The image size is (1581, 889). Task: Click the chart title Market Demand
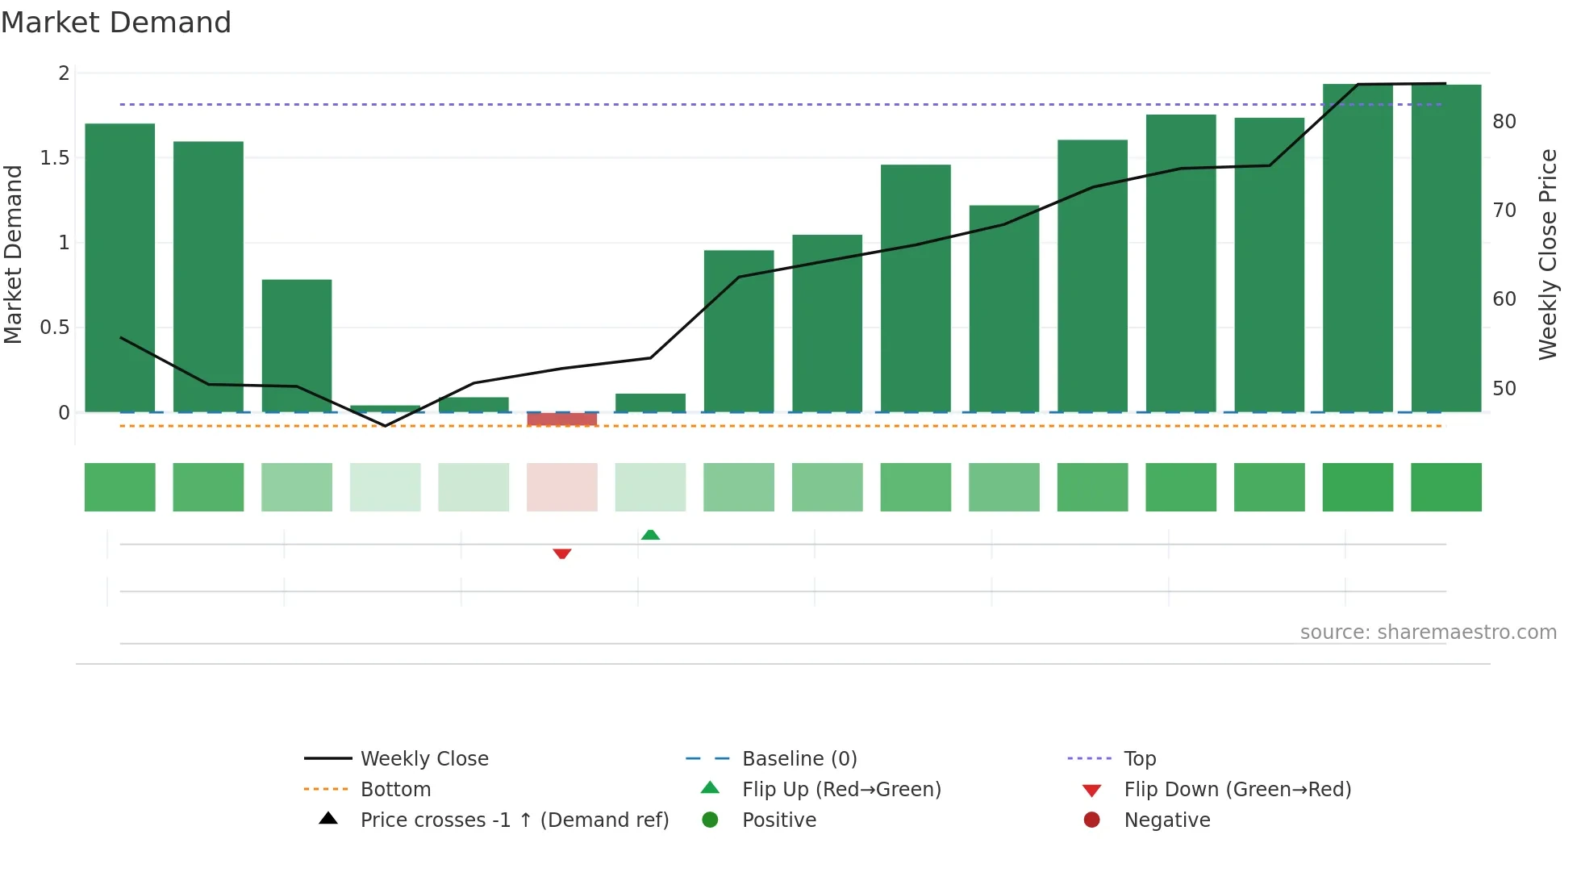coord(116,23)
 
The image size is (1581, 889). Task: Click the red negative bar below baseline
coord(562,419)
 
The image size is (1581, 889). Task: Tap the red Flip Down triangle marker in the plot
coord(562,553)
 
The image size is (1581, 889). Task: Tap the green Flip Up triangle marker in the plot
coord(650,534)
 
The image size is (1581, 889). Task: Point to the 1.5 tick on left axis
coord(55,158)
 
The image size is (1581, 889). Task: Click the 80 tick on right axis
coord(1504,122)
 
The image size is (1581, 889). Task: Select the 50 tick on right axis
coord(1504,389)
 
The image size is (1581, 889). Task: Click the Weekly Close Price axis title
coord(1547,254)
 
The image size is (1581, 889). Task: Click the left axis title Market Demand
coord(14,254)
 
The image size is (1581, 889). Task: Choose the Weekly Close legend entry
coord(424,759)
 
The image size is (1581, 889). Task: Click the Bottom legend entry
coord(395,790)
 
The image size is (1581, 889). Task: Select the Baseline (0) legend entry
coord(799,759)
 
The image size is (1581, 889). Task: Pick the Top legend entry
coord(1140,759)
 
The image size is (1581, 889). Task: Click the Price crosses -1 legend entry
coord(514,820)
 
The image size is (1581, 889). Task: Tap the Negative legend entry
coord(1166,820)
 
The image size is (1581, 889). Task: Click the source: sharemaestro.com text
coord(1428,632)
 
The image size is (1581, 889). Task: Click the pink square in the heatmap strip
coord(562,487)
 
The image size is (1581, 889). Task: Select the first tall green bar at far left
coord(120,266)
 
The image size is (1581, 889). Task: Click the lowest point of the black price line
coord(386,425)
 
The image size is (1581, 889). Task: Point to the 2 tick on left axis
coord(64,73)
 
